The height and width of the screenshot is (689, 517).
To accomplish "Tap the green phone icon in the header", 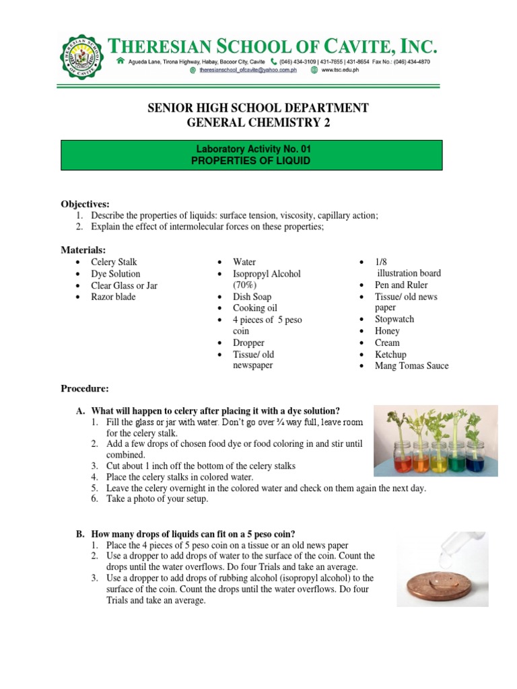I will [x=273, y=61].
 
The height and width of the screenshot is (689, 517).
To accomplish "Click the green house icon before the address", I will [x=120, y=61].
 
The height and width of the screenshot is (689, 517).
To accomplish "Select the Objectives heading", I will [x=85, y=204].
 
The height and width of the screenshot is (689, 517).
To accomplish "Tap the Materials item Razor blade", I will [x=113, y=297].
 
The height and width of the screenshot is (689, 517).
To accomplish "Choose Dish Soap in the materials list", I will [x=252, y=297].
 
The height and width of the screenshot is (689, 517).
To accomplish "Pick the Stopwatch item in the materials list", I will [x=394, y=320].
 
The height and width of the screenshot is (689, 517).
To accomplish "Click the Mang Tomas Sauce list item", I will [x=411, y=366].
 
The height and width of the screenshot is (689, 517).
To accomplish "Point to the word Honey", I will [x=387, y=331].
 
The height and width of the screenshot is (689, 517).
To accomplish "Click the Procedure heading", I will [x=85, y=388].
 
